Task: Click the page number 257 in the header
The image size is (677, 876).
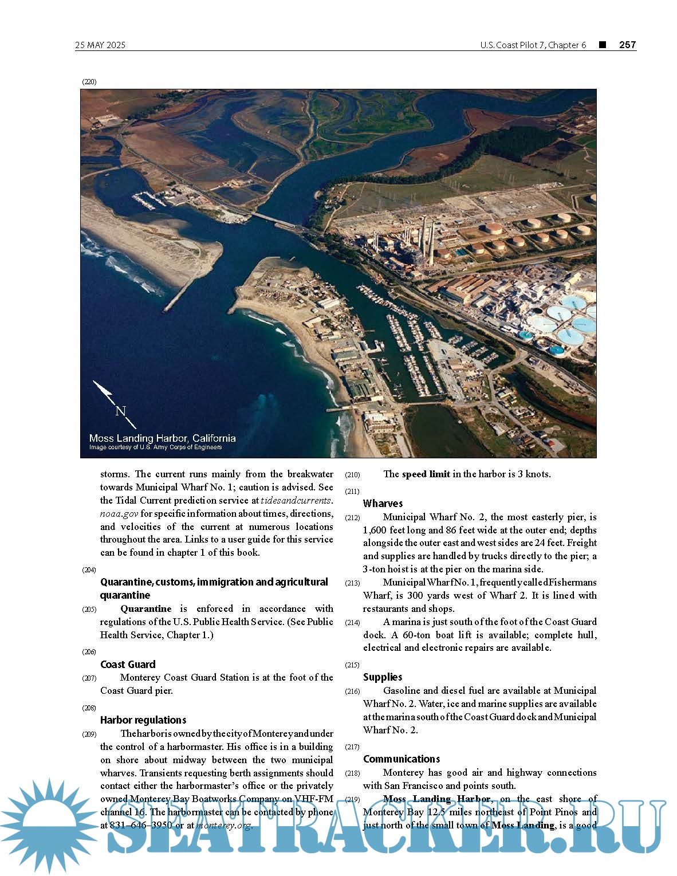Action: [x=627, y=45]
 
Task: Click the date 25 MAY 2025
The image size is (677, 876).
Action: [x=100, y=45]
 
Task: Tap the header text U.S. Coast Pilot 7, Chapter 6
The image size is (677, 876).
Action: [x=533, y=45]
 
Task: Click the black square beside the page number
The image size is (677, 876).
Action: [x=603, y=45]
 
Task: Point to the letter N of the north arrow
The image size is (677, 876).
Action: [x=120, y=411]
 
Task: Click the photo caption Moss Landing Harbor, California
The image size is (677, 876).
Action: [x=162, y=438]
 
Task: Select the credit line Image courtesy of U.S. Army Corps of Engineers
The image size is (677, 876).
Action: [x=155, y=447]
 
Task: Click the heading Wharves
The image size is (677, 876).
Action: [x=383, y=504]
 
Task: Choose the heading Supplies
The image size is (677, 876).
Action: [x=383, y=677]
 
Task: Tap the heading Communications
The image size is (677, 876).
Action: [x=402, y=759]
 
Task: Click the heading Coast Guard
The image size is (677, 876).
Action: [x=128, y=665]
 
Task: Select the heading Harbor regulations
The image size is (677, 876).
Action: [x=143, y=720]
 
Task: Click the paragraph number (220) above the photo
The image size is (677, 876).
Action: [x=89, y=82]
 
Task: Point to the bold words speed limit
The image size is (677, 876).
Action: [x=426, y=474]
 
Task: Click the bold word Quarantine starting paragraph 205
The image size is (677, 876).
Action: [x=145, y=609]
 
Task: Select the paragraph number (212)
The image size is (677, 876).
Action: [x=352, y=518]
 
